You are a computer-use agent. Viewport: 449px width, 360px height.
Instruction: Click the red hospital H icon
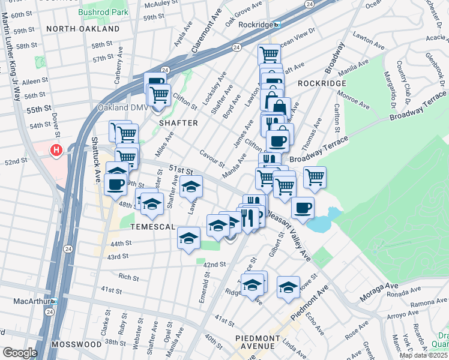click(56, 150)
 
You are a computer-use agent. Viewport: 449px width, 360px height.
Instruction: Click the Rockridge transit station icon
click(277, 25)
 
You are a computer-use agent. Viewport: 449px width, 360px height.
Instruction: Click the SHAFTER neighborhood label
click(178, 123)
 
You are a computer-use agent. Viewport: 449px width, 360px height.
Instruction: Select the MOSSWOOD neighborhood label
click(76, 344)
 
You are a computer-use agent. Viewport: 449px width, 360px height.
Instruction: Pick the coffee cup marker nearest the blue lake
click(303, 207)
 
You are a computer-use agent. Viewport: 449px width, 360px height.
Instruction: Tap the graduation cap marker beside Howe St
click(288, 287)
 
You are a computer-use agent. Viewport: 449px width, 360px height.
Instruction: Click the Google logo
click(20, 353)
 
